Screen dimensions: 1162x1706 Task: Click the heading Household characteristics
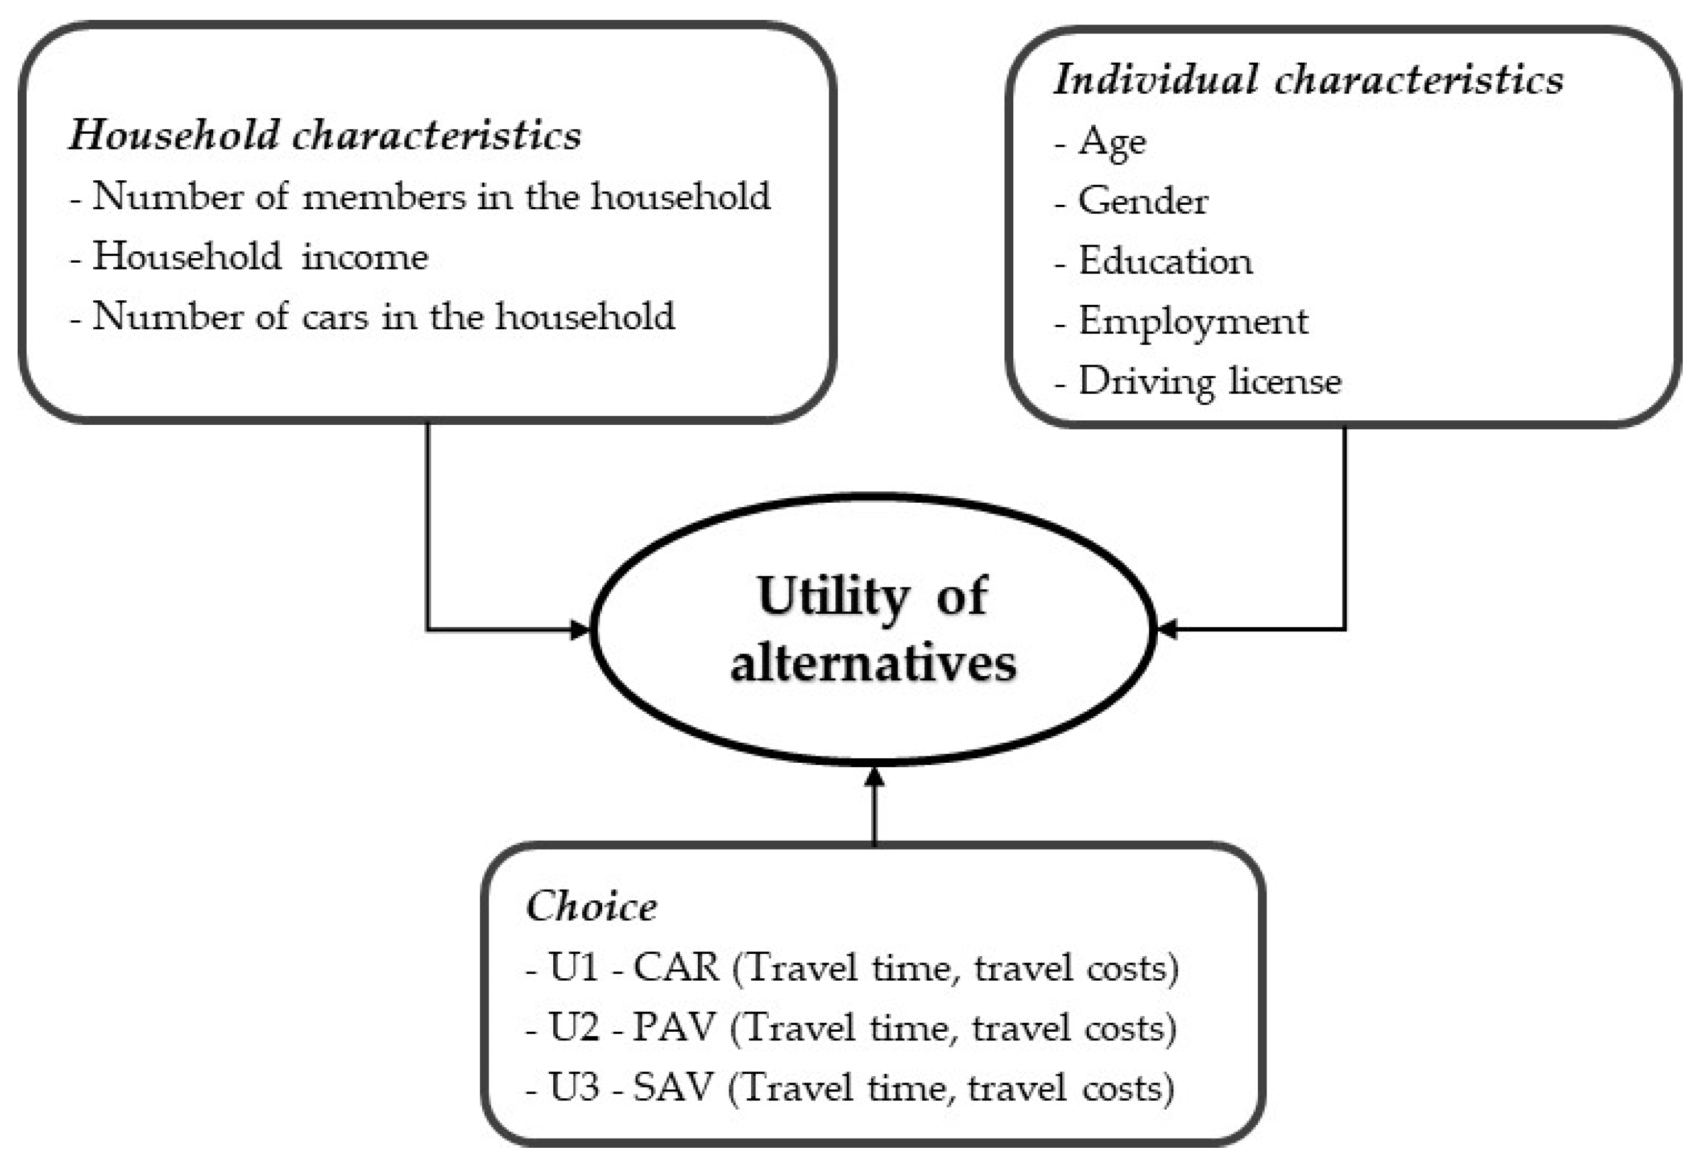click(x=325, y=136)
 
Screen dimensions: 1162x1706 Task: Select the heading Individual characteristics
click(x=1308, y=79)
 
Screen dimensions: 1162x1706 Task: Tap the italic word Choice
click(x=591, y=907)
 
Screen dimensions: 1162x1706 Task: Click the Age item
click(x=1111, y=142)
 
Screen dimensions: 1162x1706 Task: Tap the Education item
click(x=1165, y=261)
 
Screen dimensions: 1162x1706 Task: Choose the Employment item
click(x=1192, y=321)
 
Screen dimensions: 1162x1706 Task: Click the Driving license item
click(x=1209, y=382)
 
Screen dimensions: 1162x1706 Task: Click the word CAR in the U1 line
click(x=676, y=967)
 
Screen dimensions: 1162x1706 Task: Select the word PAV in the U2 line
click(x=674, y=1028)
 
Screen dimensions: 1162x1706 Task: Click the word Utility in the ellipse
click(x=832, y=597)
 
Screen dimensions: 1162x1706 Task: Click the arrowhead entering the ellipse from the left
click(x=581, y=630)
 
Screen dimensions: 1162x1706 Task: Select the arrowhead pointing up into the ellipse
click(x=873, y=776)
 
